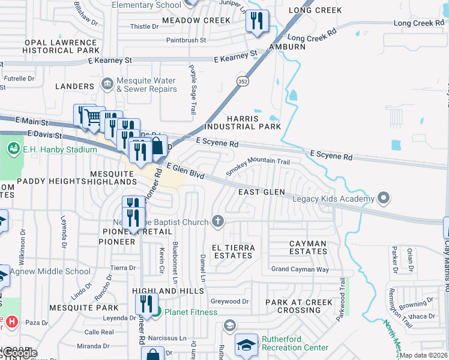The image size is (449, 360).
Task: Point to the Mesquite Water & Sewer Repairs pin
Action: [x=107, y=83]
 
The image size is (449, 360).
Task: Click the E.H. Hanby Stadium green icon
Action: [x=13, y=148]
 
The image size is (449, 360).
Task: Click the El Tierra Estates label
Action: [x=234, y=251]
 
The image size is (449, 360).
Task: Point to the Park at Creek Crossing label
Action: [x=299, y=306]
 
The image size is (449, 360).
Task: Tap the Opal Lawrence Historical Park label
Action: [x=62, y=47]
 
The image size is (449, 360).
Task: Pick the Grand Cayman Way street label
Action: [x=300, y=269]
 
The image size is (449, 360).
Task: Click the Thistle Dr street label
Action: [x=144, y=27]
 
